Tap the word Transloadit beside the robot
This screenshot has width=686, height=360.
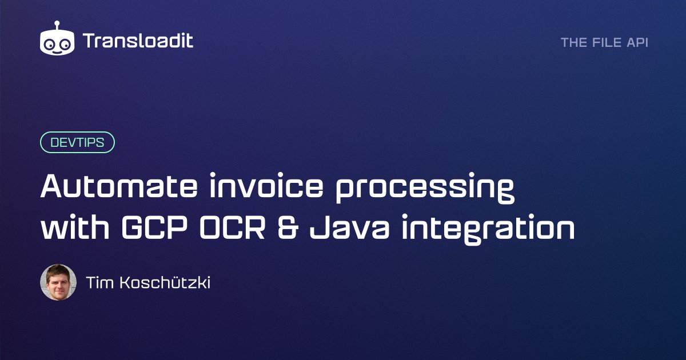138,41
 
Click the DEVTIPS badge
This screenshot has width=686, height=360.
77,142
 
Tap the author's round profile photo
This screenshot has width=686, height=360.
58,282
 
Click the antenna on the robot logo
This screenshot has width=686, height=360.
58,25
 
